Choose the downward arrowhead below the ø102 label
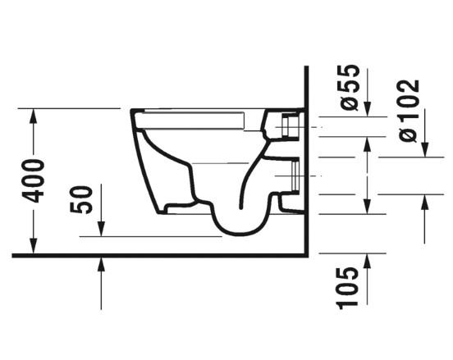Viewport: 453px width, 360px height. (423, 148)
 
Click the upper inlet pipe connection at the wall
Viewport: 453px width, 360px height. (290, 128)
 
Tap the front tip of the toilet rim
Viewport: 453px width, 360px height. (131, 113)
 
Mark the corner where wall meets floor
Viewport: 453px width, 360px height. (304, 255)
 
